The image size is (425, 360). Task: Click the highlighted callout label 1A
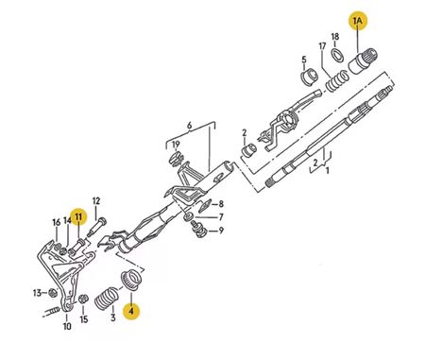358,21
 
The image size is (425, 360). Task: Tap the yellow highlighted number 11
78,216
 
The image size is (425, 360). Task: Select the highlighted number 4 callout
131,311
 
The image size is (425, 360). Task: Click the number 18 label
335,37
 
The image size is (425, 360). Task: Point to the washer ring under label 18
337,55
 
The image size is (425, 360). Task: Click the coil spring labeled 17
337,81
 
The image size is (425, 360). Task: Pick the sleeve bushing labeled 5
309,77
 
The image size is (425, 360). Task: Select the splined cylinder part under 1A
363,61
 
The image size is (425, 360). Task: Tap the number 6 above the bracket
189,126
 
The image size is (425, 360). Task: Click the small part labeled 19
176,159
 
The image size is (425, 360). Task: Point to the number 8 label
221,204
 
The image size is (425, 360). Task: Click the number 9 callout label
221,231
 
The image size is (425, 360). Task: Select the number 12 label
96,201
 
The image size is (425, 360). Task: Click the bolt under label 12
96,227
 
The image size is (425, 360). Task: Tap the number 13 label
37,293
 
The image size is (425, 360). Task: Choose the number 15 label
84,319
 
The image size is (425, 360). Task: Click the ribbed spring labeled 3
107,299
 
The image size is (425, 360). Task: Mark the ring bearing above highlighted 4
132,281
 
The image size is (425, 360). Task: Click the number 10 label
67,327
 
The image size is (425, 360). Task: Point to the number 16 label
56,223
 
